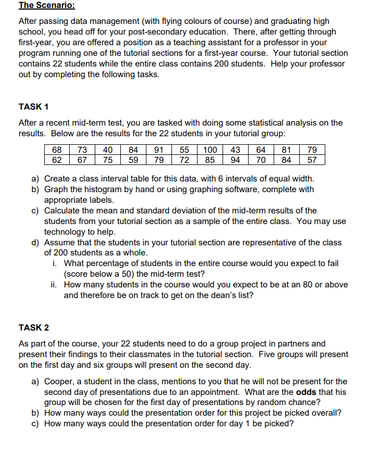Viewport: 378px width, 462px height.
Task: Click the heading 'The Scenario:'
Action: coord(46,6)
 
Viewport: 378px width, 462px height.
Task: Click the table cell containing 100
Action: coord(211,150)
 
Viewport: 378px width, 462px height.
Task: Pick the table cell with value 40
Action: coord(108,150)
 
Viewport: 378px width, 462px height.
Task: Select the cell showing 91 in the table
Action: coord(159,150)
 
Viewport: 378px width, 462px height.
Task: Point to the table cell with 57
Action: coord(313,159)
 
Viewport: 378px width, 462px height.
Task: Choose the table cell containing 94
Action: coord(235,159)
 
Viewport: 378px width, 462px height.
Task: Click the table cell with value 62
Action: coord(56,159)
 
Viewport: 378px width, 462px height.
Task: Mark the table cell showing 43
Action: coord(235,150)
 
